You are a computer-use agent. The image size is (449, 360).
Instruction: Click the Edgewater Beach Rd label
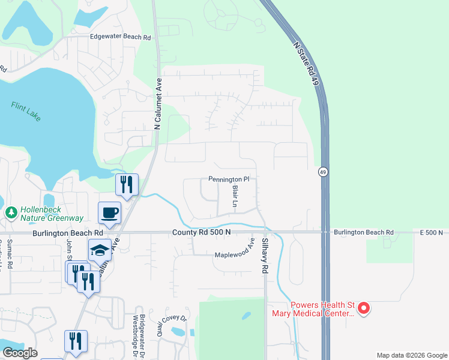point(120,37)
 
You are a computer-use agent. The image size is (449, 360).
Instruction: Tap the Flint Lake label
point(26,112)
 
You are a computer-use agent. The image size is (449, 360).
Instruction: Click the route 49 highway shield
point(323,172)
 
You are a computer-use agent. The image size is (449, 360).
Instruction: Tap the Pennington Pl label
point(228,179)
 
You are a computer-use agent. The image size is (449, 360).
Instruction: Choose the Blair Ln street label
point(235,197)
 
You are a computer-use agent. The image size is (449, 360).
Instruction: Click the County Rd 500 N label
point(201,232)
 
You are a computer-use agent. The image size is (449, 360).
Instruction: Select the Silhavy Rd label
point(264,257)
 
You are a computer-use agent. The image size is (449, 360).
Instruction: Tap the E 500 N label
point(431,232)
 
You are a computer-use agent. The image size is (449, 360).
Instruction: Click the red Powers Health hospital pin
point(363,308)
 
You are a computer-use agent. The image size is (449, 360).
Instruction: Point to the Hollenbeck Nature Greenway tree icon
point(11,212)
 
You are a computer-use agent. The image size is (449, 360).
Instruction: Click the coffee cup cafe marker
point(110,212)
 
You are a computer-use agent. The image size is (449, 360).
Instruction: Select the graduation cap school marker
point(100,250)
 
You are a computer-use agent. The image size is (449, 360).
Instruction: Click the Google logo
point(20,353)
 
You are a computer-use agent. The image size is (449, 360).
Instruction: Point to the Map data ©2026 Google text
point(411,355)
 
